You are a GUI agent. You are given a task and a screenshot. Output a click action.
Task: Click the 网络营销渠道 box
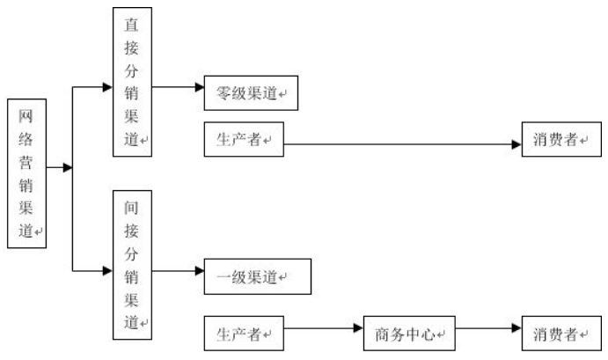[26, 173]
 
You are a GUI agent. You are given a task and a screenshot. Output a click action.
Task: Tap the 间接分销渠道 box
[132, 263]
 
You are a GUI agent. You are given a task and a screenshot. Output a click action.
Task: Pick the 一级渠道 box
[257, 276]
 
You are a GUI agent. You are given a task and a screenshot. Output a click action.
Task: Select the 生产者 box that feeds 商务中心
[243, 334]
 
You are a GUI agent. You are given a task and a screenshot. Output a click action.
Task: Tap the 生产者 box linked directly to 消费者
[243, 140]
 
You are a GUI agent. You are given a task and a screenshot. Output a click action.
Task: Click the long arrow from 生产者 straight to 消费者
[400, 143]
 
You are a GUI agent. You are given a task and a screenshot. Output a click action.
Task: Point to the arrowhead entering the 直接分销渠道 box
[107, 87]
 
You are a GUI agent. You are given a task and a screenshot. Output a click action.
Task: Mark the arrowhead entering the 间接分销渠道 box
[107, 272]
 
